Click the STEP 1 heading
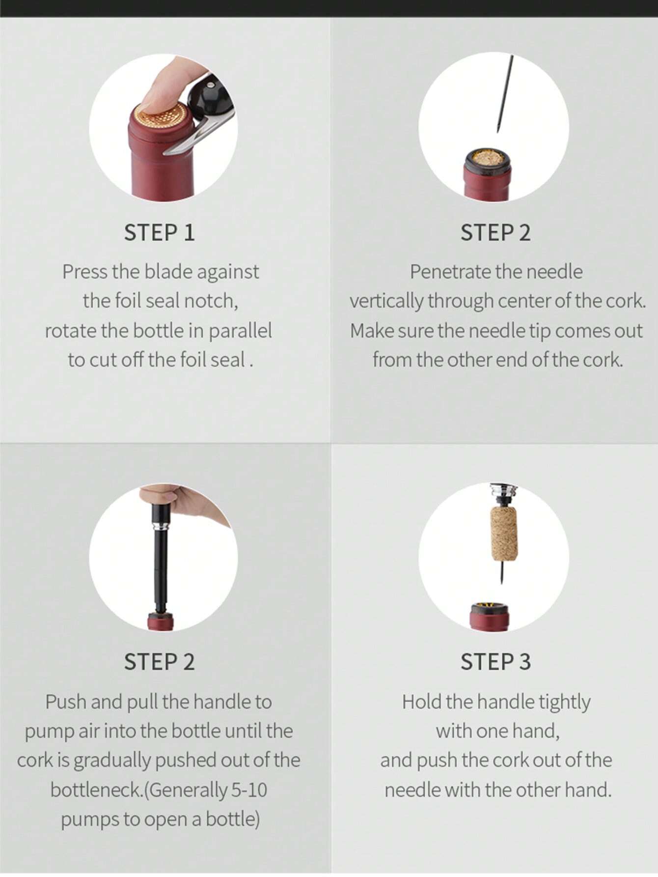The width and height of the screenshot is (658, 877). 159,232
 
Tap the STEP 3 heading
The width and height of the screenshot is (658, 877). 495,661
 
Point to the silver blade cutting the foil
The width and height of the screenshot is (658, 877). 196,135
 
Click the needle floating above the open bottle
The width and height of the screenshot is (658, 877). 504,93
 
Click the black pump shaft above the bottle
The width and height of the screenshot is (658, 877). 160,570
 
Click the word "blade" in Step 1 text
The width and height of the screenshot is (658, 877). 170,272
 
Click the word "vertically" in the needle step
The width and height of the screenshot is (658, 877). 386,302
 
